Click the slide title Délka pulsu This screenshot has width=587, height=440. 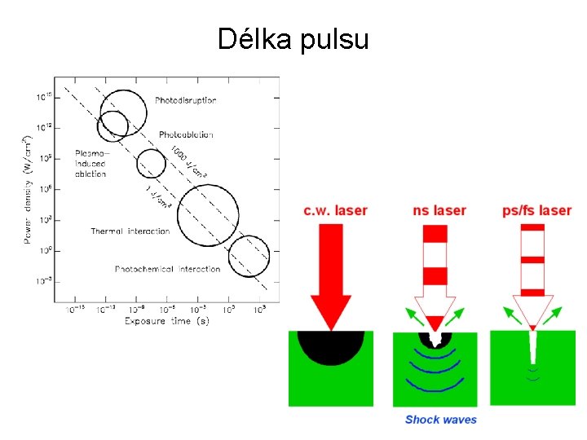click(293, 38)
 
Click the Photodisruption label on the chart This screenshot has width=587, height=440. click(185, 100)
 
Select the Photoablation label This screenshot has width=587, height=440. click(186, 134)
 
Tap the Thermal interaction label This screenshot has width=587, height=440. click(130, 231)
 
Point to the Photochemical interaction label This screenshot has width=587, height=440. click(167, 269)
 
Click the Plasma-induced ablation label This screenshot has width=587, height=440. click(90, 163)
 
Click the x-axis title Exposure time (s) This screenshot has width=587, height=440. click(166, 321)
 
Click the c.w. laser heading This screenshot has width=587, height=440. click(335, 211)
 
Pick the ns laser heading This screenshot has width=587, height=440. click(439, 211)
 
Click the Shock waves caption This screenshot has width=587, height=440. click(441, 420)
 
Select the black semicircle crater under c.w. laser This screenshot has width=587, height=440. click(330, 345)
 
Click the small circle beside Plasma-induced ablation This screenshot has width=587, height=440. click(150, 164)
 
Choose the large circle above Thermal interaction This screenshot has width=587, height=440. click(208, 216)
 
